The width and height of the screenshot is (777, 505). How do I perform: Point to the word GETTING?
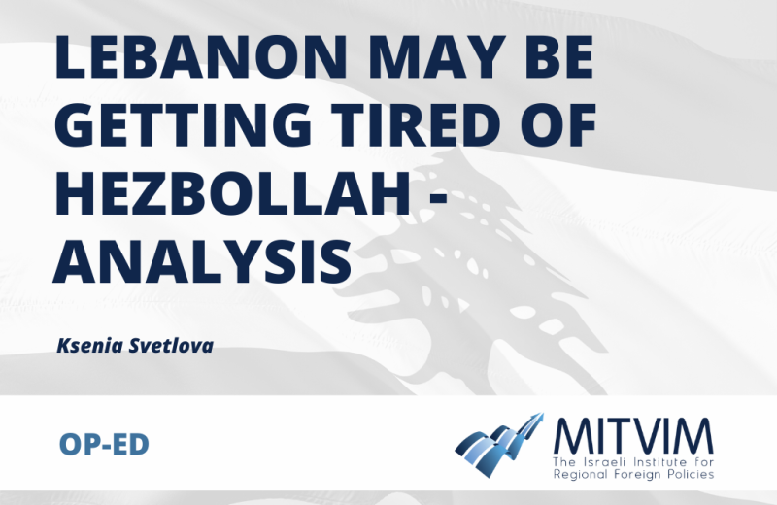(x=183, y=125)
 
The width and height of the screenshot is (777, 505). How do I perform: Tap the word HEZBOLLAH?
(x=233, y=194)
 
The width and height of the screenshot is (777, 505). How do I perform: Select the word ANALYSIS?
(x=203, y=262)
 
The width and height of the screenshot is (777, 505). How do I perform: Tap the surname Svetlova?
(x=172, y=346)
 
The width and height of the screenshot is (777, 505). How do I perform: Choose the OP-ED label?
(x=104, y=444)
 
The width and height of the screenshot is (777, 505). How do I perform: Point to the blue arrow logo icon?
(x=499, y=445)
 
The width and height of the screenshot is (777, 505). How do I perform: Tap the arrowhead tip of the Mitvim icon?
(x=543, y=414)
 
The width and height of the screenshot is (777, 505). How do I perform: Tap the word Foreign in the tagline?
(x=633, y=475)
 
